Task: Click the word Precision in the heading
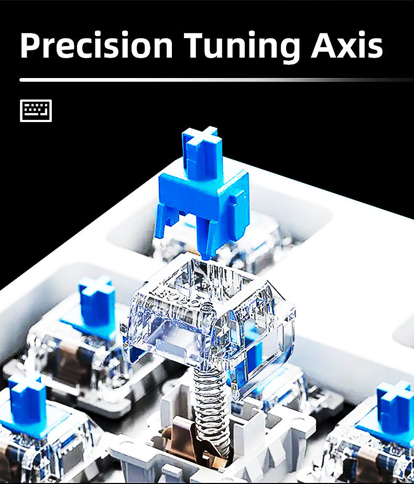click(x=96, y=45)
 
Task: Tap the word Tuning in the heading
click(x=242, y=48)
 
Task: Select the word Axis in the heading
click(x=347, y=45)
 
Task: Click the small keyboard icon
click(x=36, y=111)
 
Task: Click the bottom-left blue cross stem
click(x=27, y=398)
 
